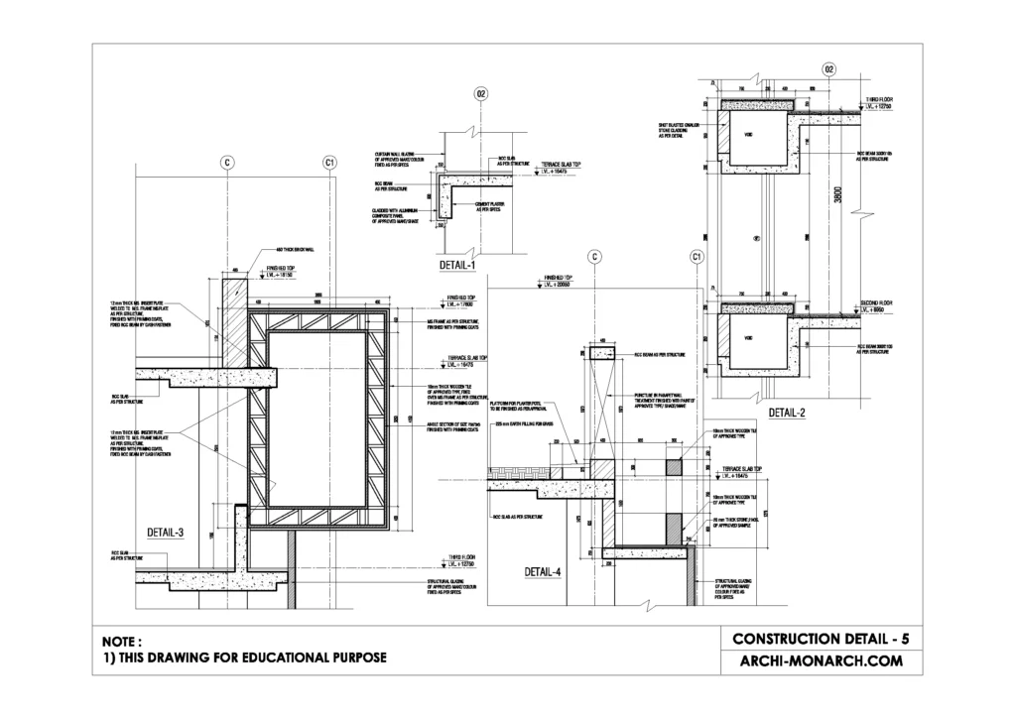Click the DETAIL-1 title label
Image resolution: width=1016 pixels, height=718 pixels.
[x=457, y=266]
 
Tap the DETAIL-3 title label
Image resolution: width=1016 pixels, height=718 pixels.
[x=165, y=533]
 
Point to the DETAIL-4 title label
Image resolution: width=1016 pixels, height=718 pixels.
[x=544, y=572]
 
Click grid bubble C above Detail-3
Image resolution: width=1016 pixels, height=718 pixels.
[x=226, y=162]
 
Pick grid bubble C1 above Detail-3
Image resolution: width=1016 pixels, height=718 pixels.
[x=329, y=162]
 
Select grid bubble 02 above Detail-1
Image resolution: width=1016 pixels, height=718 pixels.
[x=481, y=95]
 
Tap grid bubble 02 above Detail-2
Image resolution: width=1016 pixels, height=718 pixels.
[x=828, y=68]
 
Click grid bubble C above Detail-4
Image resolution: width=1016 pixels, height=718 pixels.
[x=593, y=257]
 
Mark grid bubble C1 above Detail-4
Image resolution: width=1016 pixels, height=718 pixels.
[x=697, y=257]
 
